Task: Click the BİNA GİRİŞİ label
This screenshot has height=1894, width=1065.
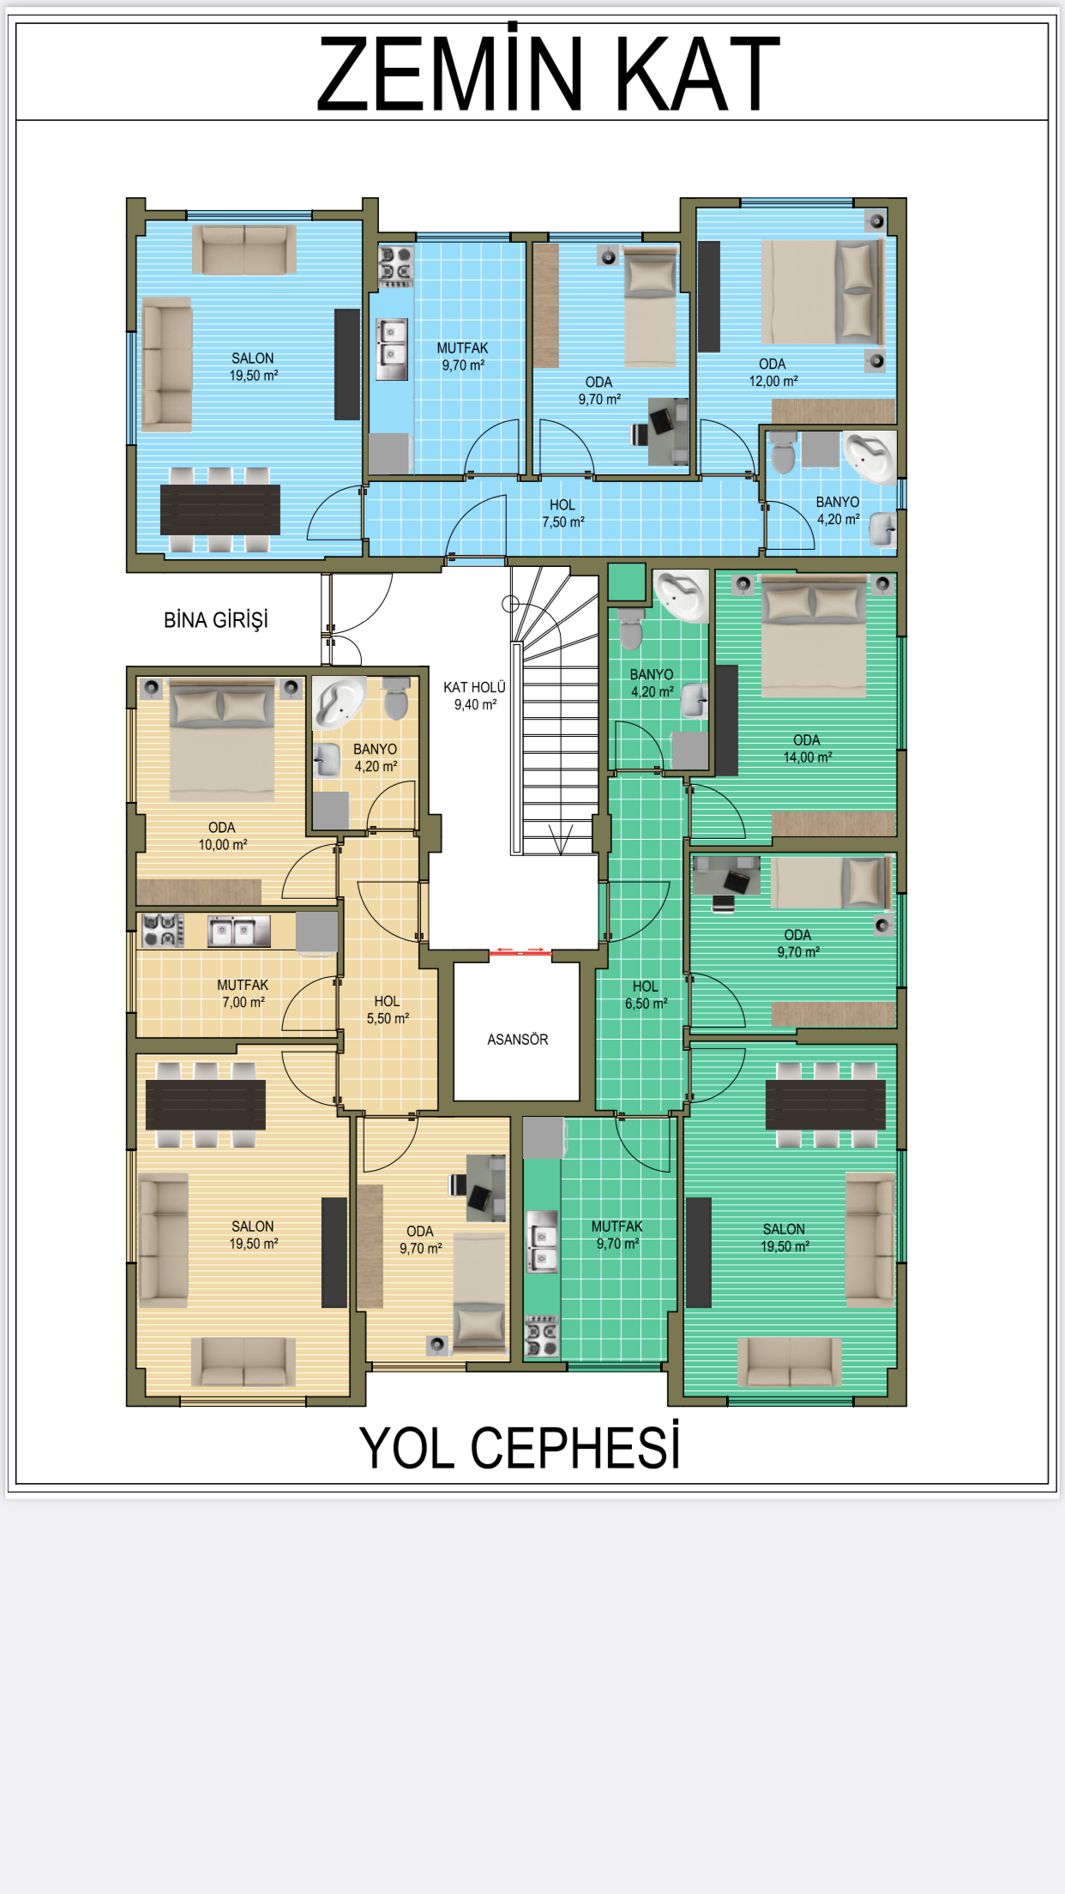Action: (x=216, y=619)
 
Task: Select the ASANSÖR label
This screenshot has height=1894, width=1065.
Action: (x=517, y=1040)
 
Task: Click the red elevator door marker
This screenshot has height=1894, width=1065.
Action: (x=520, y=950)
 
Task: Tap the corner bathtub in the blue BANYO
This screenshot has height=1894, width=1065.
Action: (x=869, y=456)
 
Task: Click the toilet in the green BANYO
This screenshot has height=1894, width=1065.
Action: (x=630, y=630)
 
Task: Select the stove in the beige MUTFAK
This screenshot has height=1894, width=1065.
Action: (x=163, y=930)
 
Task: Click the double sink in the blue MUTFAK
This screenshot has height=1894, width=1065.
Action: (x=392, y=349)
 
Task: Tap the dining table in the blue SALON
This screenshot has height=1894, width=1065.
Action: (x=220, y=510)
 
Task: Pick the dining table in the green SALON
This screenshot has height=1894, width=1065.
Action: (x=825, y=1105)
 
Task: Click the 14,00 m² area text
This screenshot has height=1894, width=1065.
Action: (x=808, y=757)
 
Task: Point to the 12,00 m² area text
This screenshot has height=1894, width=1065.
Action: (x=773, y=382)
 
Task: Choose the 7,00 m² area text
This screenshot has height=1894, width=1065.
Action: (x=244, y=1003)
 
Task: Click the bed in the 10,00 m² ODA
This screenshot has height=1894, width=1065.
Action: (x=222, y=740)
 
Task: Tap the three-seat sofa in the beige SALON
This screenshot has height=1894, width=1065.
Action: (x=163, y=1240)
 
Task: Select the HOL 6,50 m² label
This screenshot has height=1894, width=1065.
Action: (x=646, y=995)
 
